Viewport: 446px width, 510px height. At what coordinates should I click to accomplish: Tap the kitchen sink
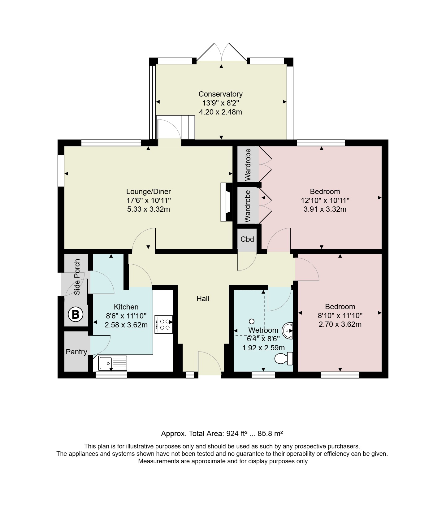tap(113, 363)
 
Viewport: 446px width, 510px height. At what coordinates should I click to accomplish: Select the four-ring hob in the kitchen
tap(163, 324)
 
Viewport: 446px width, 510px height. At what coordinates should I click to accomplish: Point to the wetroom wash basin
tap(288, 331)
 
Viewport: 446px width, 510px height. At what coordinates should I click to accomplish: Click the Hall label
tap(203, 299)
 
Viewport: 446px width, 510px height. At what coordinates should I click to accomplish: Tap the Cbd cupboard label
tap(247, 239)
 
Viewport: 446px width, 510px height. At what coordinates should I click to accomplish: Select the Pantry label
tap(76, 352)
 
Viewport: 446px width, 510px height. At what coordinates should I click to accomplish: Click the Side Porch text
tap(77, 277)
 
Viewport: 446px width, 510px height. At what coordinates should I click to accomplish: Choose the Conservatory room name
tap(220, 94)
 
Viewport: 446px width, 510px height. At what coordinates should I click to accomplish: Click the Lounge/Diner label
tap(149, 192)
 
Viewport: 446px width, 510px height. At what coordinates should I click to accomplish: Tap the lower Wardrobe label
tap(247, 206)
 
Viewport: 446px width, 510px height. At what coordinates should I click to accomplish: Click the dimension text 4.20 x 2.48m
tap(220, 112)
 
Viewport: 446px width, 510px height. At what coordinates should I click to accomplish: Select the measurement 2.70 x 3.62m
tap(340, 324)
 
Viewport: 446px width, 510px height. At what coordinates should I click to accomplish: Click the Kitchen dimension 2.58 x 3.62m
tap(126, 325)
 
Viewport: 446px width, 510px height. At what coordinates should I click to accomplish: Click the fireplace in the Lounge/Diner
tap(227, 202)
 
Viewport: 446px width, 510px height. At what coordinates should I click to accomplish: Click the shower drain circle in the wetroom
tap(252, 321)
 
